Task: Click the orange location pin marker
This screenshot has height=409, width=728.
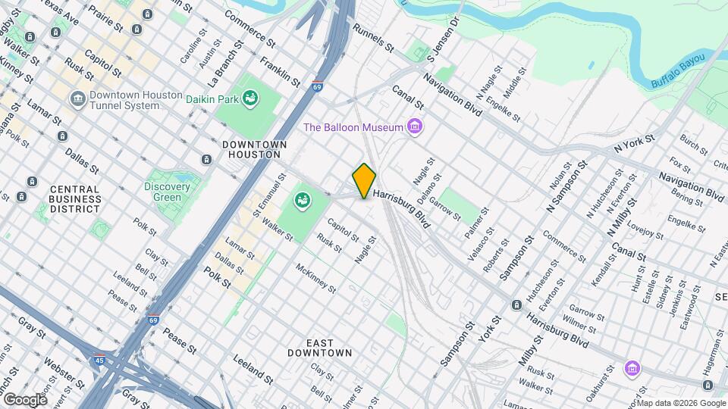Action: point(364,181)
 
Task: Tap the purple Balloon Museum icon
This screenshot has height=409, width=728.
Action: point(414,126)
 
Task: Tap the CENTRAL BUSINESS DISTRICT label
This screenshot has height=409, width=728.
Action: point(75,198)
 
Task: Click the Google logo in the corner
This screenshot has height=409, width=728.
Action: point(24,399)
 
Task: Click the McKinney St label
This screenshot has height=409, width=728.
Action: point(315,276)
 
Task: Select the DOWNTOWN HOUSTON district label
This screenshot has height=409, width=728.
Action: point(255,149)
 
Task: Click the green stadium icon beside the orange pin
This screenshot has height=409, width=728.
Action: point(302,201)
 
